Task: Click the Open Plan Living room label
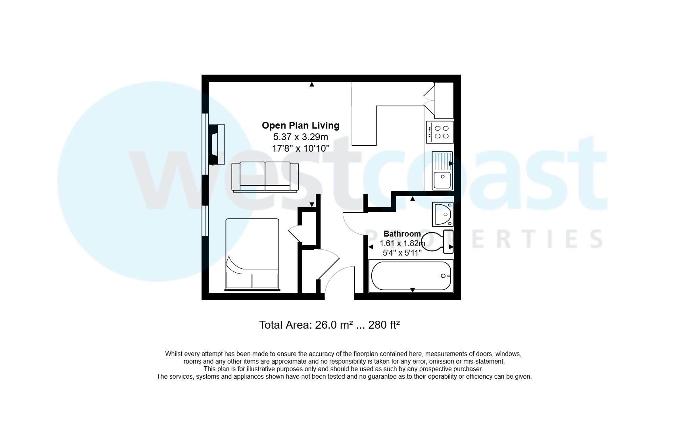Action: (x=300, y=125)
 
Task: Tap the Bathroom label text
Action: (x=402, y=234)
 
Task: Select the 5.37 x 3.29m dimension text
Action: (x=300, y=137)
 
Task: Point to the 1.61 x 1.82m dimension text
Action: (x=402, y=243)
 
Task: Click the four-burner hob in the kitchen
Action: (x=440, y=132)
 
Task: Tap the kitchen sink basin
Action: (x=442, y=180)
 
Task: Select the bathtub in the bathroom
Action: (x=411, y=276)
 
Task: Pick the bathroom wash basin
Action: (x=442, y=214)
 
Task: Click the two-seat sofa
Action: (x=265, y=177)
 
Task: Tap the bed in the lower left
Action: (x=252, y=254)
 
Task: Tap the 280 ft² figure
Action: (x=384, y=325)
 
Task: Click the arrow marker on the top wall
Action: (x=312, y=84)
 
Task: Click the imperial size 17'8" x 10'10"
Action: (x=300, y=149)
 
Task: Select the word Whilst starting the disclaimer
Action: (x=174, y=354)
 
